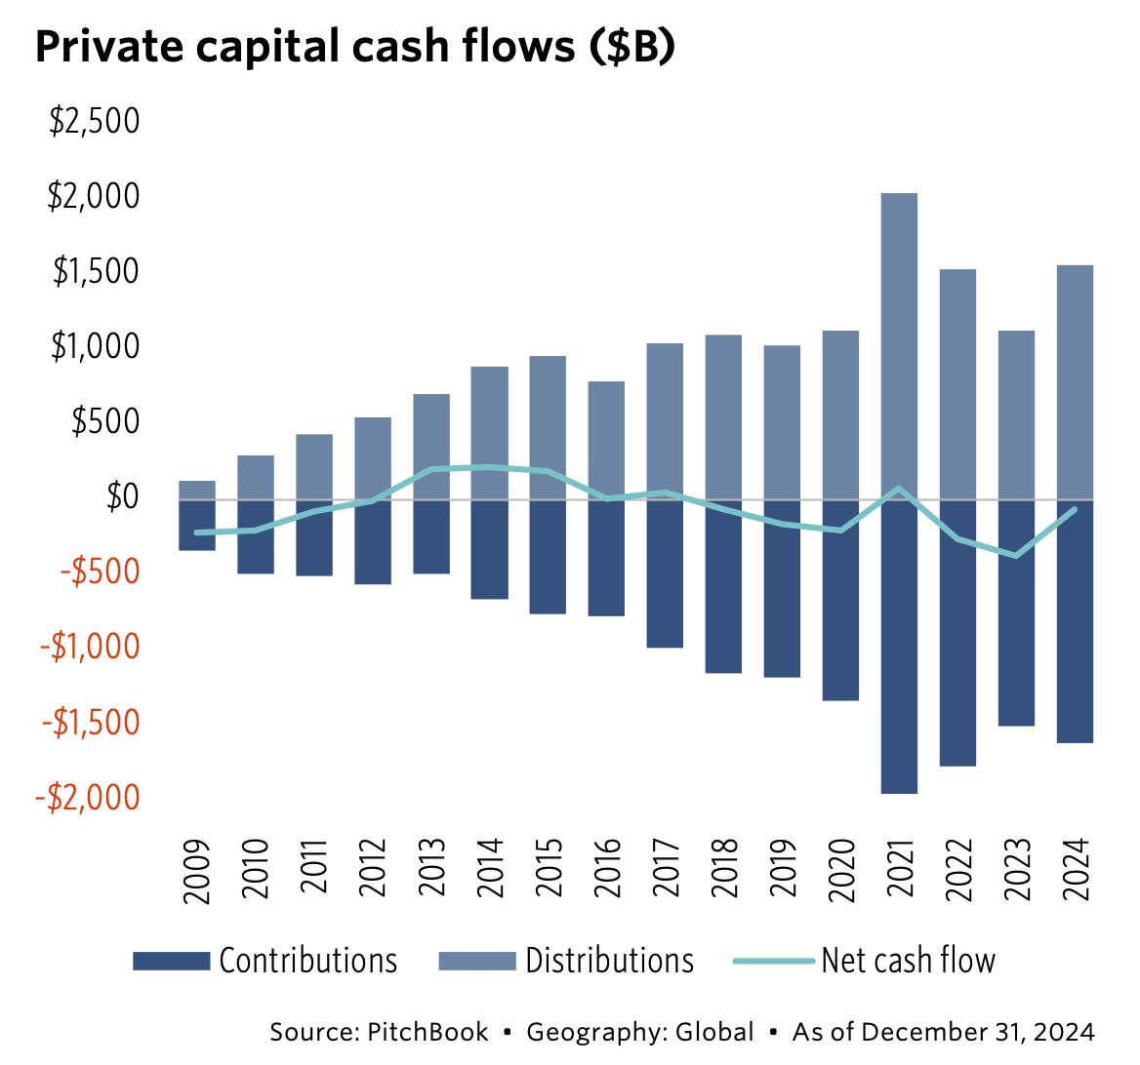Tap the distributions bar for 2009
point(196,490)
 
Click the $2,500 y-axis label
point(95,122)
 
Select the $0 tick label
point(121,496)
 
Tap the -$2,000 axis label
point(88,797)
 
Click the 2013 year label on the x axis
point(431,868)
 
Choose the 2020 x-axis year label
point(840,868)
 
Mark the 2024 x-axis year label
point(1075,868)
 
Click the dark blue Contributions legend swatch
point(171,962)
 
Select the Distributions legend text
point(609,961)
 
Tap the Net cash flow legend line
point(773,962)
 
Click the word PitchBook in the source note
point(427,1032)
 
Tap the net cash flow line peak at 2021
point(898,488)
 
